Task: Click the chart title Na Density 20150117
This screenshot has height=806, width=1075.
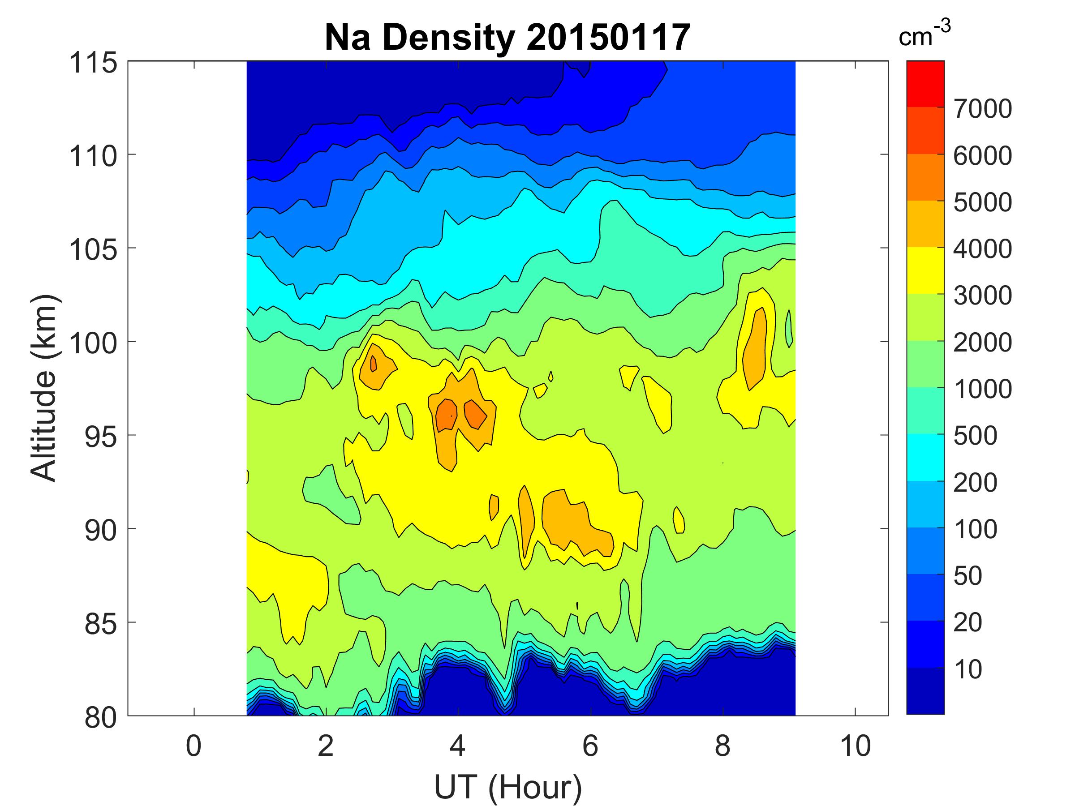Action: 507,38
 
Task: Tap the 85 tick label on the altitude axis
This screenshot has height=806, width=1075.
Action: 101,623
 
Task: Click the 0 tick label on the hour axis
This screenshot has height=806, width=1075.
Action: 193,746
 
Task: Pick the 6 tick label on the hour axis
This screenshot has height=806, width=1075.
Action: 590,746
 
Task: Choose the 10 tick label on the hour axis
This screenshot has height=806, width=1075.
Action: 855,746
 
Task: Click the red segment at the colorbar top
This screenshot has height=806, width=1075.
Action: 925,84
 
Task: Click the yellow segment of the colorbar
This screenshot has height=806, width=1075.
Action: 925,270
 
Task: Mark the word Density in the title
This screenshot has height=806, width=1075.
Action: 448,38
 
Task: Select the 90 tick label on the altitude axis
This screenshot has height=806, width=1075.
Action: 101,530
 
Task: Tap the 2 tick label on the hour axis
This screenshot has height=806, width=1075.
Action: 326,746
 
